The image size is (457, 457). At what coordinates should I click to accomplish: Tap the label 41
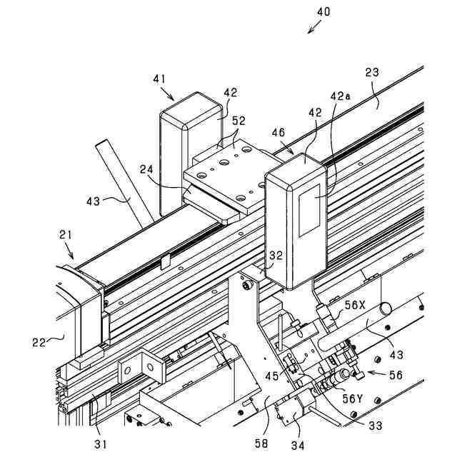coord(159,79)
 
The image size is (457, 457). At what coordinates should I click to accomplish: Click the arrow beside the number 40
coord(313,27)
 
